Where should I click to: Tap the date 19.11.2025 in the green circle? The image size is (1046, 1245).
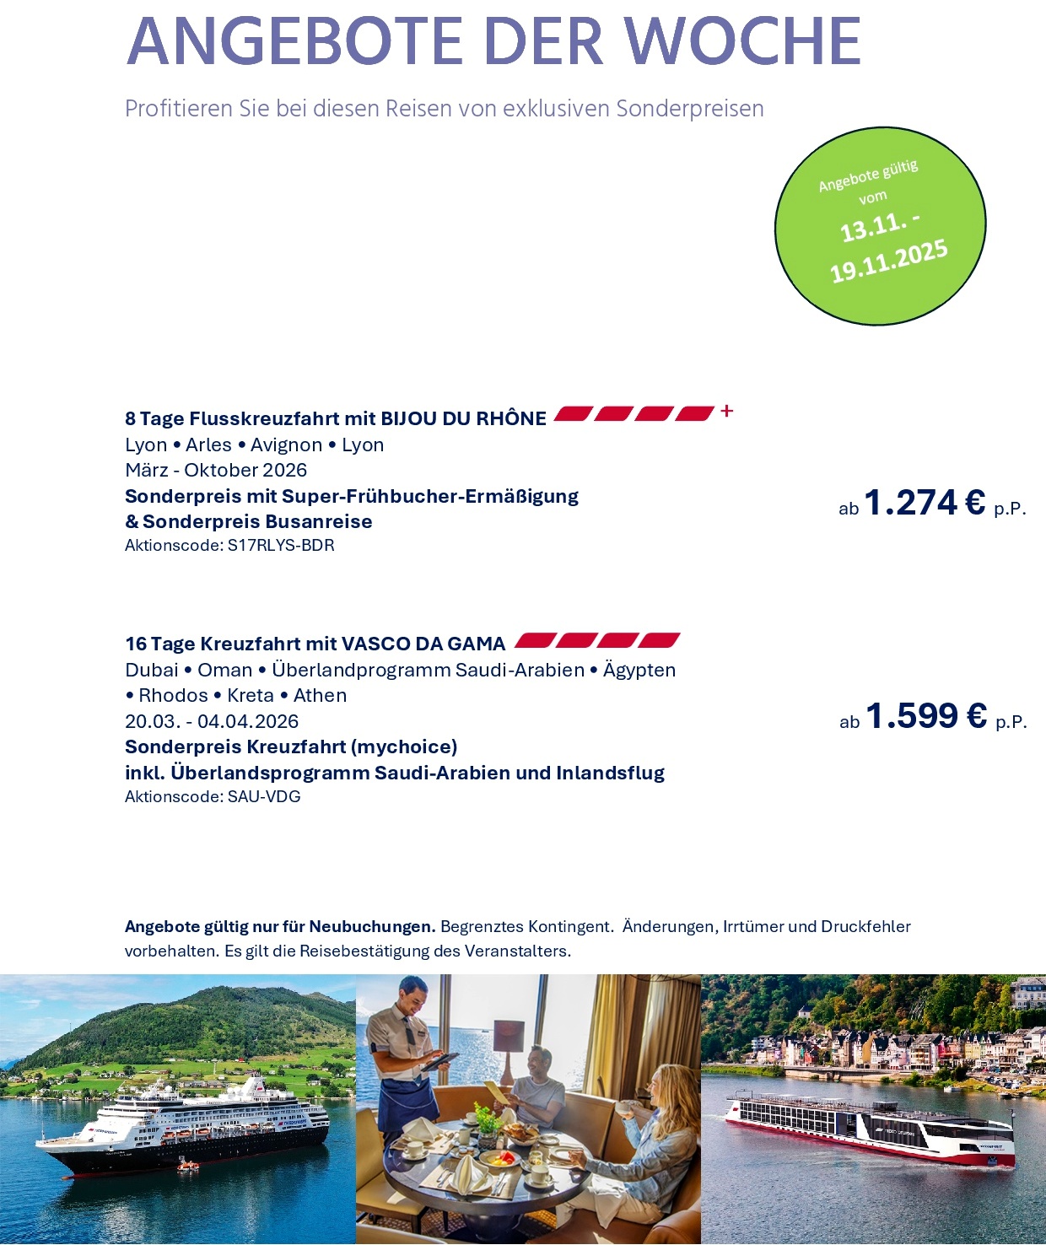pyautogui.click(x=889, y=261)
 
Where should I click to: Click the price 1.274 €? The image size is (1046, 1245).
pyautogui.click(x=925, y=504)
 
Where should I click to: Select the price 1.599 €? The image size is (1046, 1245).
pyautogui.click(x=926, y=717)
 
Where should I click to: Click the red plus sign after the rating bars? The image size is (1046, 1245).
pyautogui.click(x=727, y=411)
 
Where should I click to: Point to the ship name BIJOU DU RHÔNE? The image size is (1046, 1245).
pyautogui.click(x=463, y=419)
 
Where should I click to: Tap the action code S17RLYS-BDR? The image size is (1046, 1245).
pyautogui.click(x=281, y=546)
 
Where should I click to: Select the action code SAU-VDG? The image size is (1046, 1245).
pyautogui.click(x=264, y=797)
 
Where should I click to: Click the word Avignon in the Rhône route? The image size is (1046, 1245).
pyautogui.click(x=286, y=445)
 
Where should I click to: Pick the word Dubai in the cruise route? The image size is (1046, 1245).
pyautogui.click(x=152, y=671)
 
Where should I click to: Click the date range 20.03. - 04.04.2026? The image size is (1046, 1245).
pyautogui.click(x=212, y=722)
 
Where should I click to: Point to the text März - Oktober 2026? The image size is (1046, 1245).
pyautogui.click(x=216, y=471)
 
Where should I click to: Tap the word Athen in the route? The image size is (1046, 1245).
pyautogui.click(x=320, y=696)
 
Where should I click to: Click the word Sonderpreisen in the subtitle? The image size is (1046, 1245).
pyautogui.click(x=690, y=110)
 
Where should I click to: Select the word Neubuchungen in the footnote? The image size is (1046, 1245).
pyautogui.click(x=372, y=927)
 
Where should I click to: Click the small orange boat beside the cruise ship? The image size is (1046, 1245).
pyautogui.click(x=187, y=1166)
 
